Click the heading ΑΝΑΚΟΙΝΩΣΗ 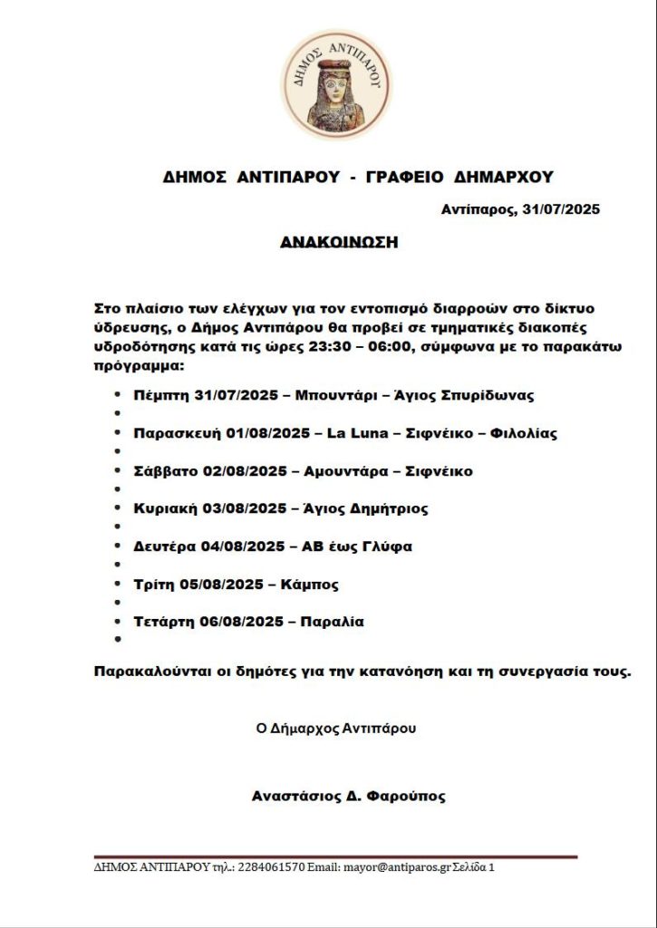tap(339, 243)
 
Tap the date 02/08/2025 tap(237, 471)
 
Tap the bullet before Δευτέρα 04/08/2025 tap(118, 546)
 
